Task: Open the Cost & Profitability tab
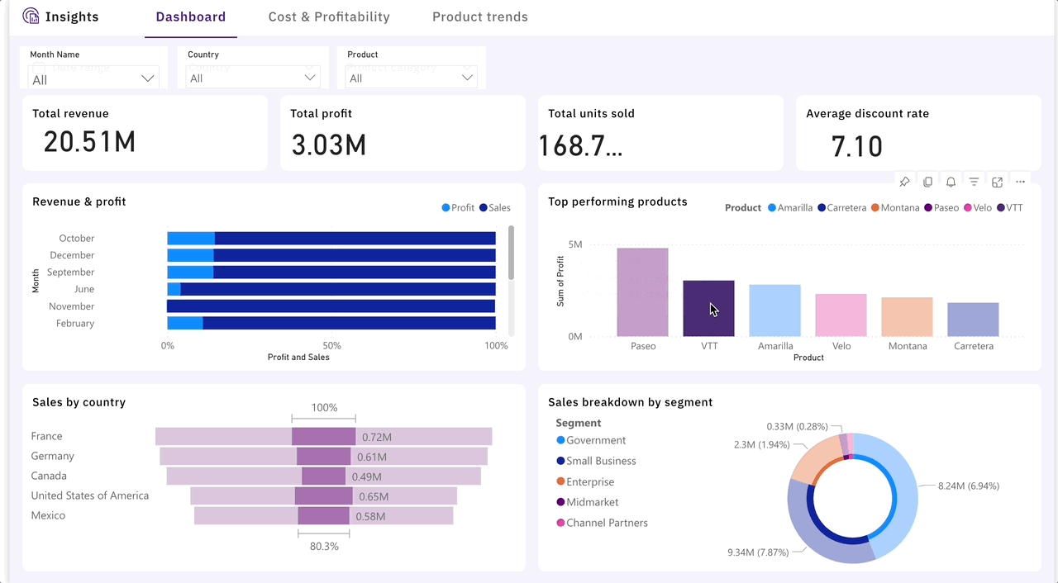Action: [x=329, y=17]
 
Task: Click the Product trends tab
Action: [x=479, y=17]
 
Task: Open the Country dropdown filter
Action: [x=253, y=78]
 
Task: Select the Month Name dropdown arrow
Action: [x=148, y=78]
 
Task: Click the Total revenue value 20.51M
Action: [x=89, y=143]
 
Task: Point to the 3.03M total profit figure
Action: [x=329, y=145]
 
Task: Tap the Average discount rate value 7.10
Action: [x=857, y=147]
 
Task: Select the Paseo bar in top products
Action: [x=642, y=292]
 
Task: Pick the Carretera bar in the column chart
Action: [x=973, y=320]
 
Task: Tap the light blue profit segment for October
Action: [x=191, y=239]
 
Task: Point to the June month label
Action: [x=83, y=289]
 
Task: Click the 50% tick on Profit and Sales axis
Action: [x=331, y=346]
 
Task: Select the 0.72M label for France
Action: [x=376, y=437]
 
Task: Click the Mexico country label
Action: [x=48, y=515]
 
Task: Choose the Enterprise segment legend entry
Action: [x=590, y=481]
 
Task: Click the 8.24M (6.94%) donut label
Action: [x=968, y=486]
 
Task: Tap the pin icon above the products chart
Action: [x=904, y=182]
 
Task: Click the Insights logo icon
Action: [x=31, y=17]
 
